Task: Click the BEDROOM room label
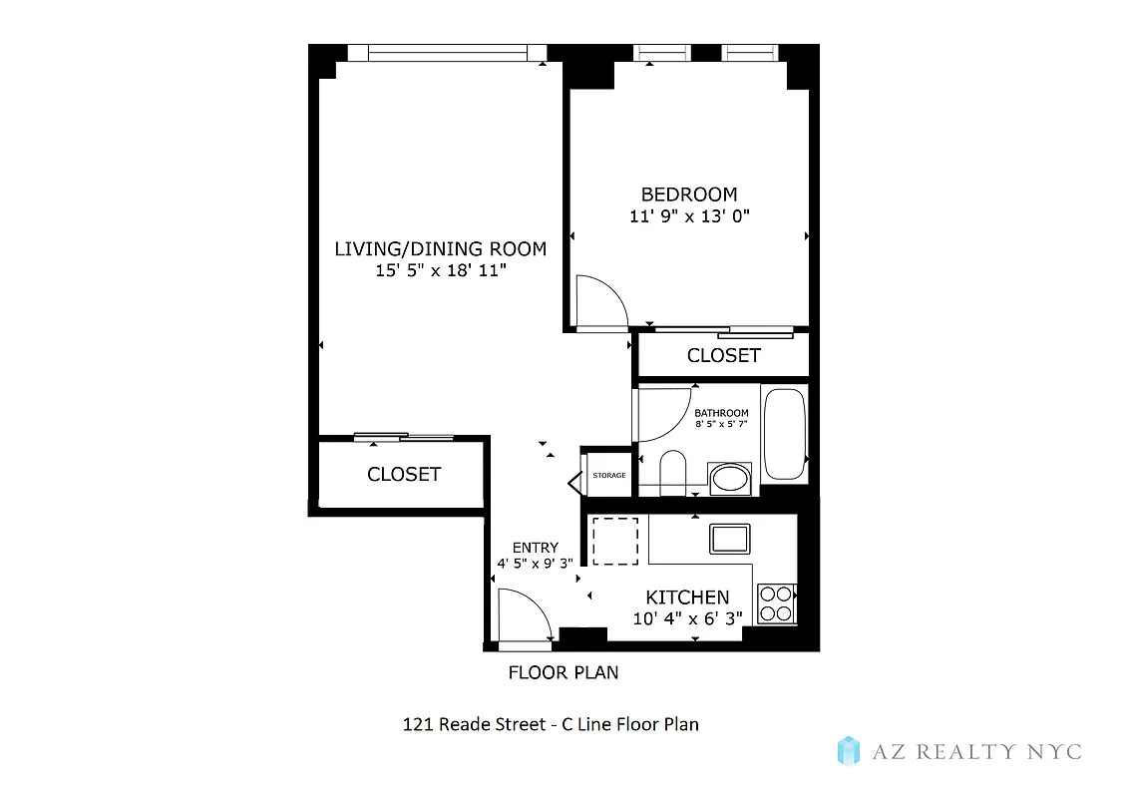(688, 195)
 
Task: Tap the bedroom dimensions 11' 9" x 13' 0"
(688, 216)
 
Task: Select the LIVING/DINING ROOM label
(440, 248)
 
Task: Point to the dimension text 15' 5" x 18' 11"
(440, 270)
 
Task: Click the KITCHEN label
(687, 597)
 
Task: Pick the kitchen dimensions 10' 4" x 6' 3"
(687, 618)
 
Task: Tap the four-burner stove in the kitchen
(776, 602)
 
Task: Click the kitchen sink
(730, 539)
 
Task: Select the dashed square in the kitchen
(614, 541)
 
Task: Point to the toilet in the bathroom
(674, 473)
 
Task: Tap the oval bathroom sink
(731, 479)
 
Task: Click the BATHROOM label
(721, 413)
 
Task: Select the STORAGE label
(608, 476)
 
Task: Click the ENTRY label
(535, 548)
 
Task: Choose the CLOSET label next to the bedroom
(723, 355)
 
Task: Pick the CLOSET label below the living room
(403, 474)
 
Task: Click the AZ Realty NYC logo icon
(848, 751)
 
